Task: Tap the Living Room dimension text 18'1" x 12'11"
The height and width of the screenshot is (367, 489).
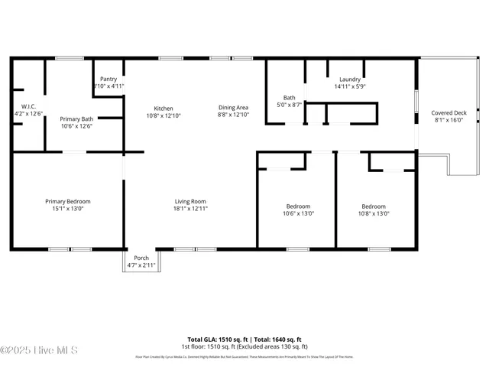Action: pos(190,208)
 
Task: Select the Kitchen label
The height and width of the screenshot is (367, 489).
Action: pos(164,108)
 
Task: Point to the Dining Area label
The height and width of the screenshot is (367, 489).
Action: pos(233,108)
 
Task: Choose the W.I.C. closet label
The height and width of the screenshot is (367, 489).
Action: pos(29,106)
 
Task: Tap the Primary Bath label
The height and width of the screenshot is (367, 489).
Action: pos(76,119)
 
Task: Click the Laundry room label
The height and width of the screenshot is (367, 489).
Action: pos(350,80)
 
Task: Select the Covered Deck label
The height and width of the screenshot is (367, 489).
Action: pos(449,112)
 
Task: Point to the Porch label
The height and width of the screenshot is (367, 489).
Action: pos(141,258)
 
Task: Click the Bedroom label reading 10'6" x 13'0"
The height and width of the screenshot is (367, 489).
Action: pos(298,206)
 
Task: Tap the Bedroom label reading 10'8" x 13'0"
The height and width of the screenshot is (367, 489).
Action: pos(374,206)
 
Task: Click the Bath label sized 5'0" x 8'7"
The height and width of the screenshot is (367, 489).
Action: pos(290,97)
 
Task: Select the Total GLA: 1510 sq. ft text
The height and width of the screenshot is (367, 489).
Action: pos(215,339)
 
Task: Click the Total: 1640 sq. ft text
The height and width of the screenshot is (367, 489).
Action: pos(274,339)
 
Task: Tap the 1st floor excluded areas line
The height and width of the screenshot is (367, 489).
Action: pos(244,346)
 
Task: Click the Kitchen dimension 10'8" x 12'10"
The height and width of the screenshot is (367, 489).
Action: pos(164,115)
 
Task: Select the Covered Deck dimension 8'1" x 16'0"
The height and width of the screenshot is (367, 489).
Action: pos(449,120)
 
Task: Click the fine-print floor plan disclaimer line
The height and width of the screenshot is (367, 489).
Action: pos(244,356)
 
